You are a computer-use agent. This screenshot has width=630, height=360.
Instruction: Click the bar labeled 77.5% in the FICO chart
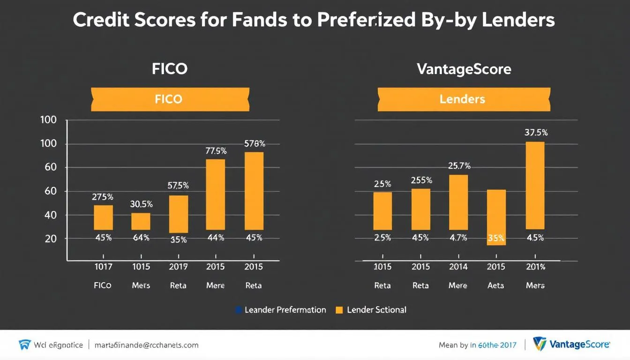[x=215, y=194]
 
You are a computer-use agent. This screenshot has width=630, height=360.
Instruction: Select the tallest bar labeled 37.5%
[x=535, y=185]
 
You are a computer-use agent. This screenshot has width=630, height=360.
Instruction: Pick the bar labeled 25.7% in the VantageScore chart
[x=458, y=202]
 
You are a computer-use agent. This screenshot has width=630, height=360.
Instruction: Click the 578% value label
[x=255, y=144]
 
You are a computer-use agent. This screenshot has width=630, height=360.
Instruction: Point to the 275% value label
[x=102, y=197]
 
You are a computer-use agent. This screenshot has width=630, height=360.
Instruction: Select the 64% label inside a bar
[x=141, y=238]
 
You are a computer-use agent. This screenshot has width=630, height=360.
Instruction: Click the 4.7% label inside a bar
[x=458, y=238]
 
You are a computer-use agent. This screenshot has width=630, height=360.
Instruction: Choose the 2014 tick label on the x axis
[x=458, y=267]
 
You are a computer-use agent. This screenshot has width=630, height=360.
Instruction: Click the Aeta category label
[x=496, y=285]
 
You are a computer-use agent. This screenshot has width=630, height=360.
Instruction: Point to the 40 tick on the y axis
[x=50, y=215]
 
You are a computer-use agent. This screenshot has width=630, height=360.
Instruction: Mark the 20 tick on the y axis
[x=50, y=239]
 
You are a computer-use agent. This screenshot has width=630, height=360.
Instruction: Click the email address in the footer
[x=146, y=345]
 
